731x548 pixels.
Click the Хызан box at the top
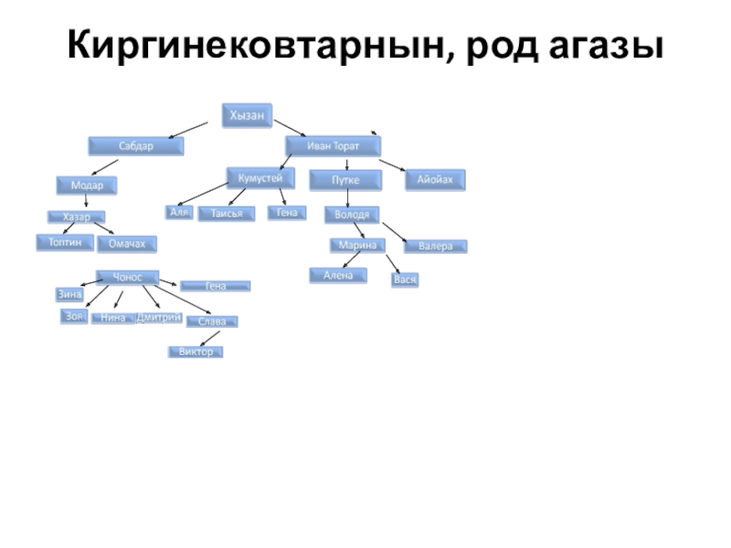[247, 114]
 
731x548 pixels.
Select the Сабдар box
[136, 145]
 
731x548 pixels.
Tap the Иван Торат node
[333, 146]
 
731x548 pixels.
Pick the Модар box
[88, 184]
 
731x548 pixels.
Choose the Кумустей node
[260, 177]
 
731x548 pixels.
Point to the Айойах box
[435, 180]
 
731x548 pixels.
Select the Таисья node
[226, 214]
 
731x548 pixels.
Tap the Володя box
[351, 216]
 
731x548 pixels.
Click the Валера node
[435, 247]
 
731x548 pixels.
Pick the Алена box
[337, 275]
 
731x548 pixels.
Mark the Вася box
[405, 279]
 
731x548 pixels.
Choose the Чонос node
[127, 277]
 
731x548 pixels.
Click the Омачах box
[127, 244]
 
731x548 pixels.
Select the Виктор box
[196, 352]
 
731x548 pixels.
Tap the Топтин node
[65, 242]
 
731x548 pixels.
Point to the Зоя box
[73, 316]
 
